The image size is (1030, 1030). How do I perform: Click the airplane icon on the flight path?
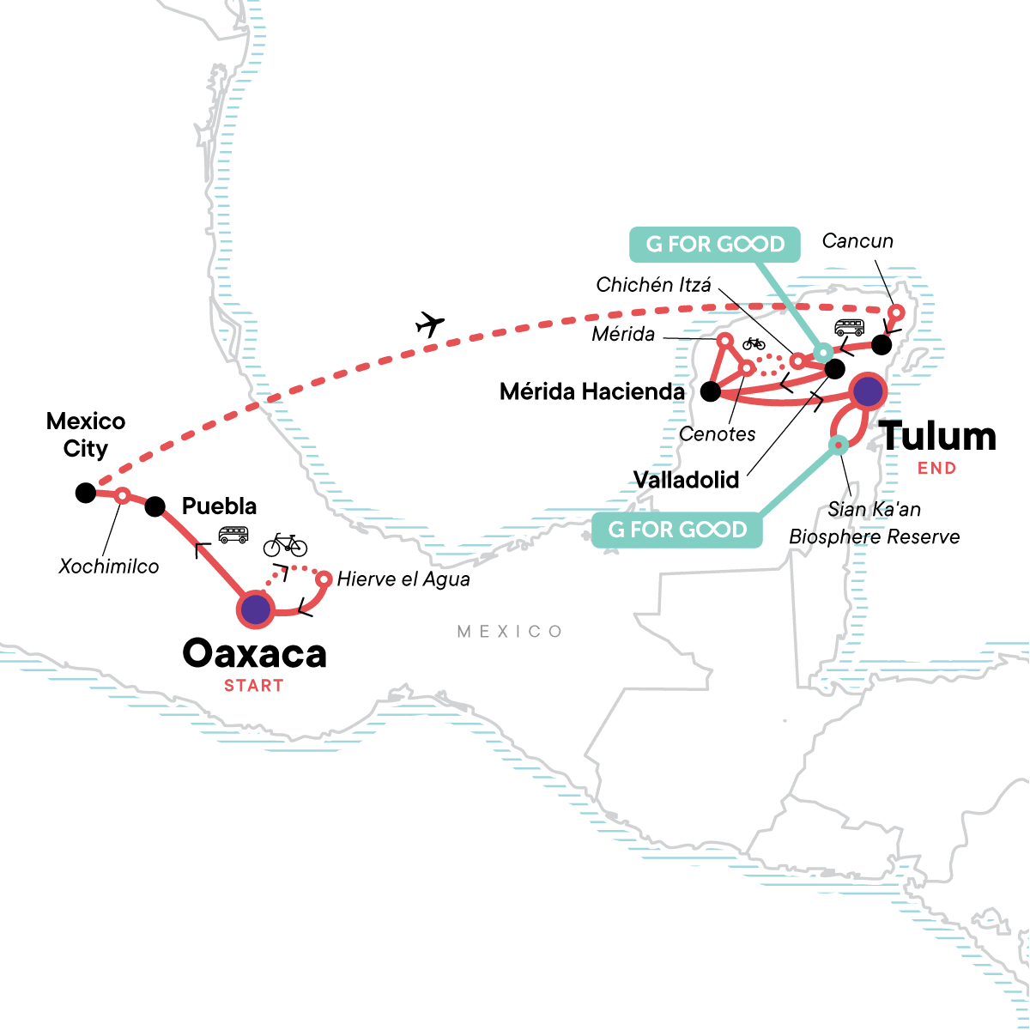(430, 324)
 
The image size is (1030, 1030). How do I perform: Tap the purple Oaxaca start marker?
(255, 609)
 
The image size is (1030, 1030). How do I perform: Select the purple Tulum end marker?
(869, 391)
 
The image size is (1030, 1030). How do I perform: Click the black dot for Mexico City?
(85, 493)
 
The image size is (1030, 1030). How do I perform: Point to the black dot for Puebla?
(154, 506)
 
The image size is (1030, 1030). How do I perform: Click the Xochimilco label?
(109, 566)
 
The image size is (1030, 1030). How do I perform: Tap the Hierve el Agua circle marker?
(324, 579)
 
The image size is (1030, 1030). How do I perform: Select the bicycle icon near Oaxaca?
(285, 544)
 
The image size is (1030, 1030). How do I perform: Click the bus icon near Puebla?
(233, 535)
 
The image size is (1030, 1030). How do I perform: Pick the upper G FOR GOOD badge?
(715, 244)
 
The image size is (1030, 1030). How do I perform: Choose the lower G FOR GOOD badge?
(677, 530)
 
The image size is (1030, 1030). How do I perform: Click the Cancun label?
(857, 241)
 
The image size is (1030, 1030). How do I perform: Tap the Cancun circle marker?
(896, 312)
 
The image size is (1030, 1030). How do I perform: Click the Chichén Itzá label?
(653, 285)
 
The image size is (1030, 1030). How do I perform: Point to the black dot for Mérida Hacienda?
(710, 392)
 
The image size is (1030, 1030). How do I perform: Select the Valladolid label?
(686, 480)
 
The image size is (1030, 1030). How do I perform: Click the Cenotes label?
(717, 434)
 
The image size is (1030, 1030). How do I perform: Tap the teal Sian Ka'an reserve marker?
(838, 445)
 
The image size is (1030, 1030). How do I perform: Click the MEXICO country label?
(510, 632)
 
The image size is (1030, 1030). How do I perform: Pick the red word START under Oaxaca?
(253, 686)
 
